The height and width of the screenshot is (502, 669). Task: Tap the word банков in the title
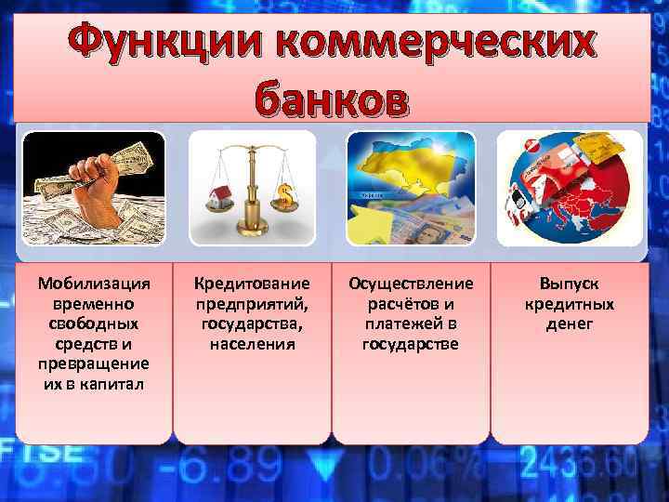pos(331,98)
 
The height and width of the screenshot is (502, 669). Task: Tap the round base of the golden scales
pos(253,231)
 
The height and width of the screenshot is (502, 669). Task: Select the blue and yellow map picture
pos(411,189)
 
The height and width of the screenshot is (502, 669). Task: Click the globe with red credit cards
pos(568,189)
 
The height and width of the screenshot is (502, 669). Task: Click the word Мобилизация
pos(93,284)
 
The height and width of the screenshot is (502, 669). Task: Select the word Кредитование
pos(252,284)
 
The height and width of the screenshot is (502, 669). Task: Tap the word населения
pos(252,344)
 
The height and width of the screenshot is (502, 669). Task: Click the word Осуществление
pos(410,284)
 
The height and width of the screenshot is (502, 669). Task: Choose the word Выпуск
pos(570,284)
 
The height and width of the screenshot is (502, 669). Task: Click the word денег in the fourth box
pos(570,324)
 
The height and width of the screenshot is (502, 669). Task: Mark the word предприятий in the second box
pos(252,304)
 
